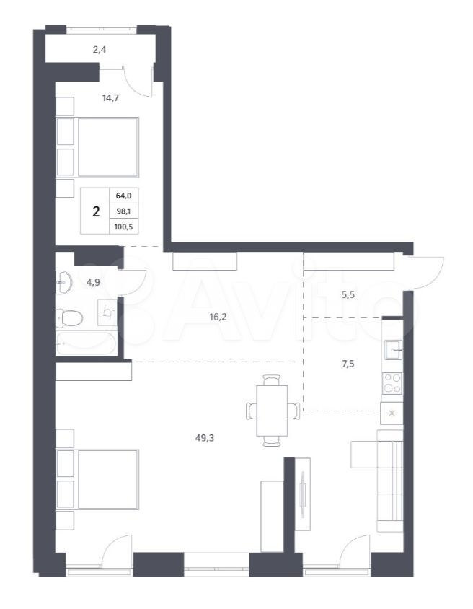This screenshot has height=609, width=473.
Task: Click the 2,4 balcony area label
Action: coord(100,50)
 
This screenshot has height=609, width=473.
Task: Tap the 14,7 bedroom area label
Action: coord(110,98)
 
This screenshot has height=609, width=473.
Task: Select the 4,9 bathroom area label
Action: coord(93,282)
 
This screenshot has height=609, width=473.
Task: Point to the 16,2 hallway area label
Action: coord(218,317)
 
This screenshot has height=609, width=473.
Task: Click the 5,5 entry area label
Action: coord(348,295)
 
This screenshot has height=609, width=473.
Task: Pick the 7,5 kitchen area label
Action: coord(348,364)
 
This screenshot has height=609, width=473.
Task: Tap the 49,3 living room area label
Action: coord(205,438)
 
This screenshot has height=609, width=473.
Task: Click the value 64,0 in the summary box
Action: coord(124,196)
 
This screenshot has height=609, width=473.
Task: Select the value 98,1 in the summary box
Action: coord(124,211)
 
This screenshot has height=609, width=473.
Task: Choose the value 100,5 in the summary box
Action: coord(124,227)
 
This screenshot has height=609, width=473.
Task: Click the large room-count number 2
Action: coord(96,211)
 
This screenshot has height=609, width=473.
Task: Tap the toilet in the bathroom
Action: coord(69,318)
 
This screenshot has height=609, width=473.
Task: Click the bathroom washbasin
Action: coord(63,282)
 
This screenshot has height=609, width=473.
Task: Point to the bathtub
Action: coord(86,343)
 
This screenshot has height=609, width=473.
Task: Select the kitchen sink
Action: coord(393,349)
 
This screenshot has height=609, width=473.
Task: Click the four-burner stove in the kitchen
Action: coord(393,383)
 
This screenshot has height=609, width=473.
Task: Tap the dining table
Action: coord(272,411)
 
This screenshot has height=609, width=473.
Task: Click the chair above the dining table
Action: coord(272,380)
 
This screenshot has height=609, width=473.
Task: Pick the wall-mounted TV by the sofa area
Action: coord(303,494)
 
